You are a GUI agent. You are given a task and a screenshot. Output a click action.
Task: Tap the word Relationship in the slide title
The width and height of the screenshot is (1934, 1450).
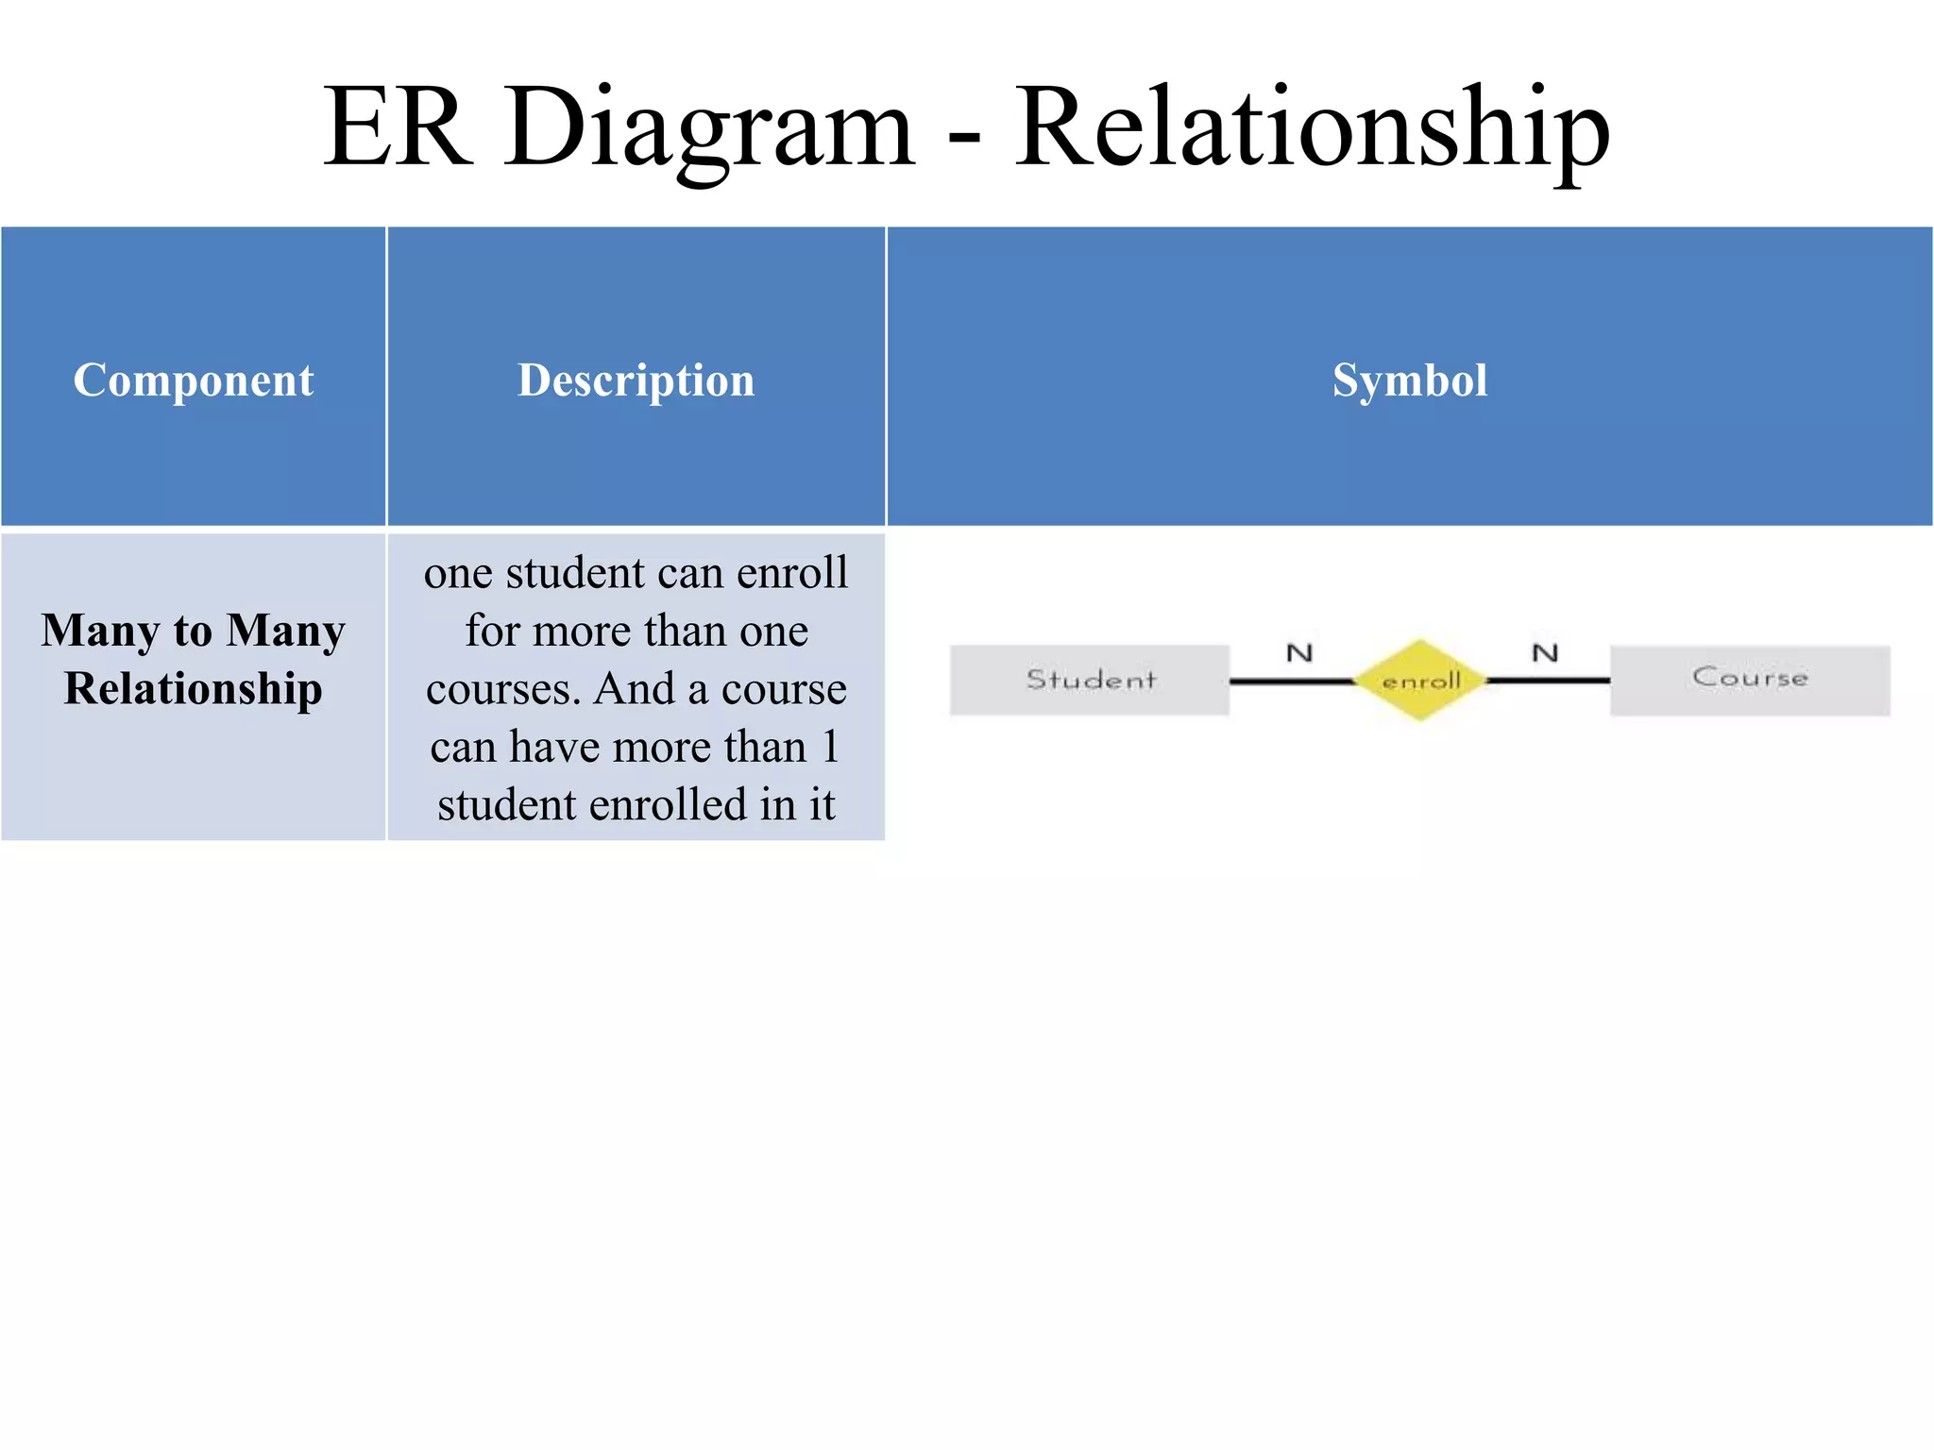1313,127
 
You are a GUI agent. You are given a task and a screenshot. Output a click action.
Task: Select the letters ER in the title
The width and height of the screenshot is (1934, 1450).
397,127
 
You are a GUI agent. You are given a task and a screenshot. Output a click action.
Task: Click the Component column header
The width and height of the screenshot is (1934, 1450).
194,379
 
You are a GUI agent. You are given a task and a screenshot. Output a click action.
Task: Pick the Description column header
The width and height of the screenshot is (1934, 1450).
636,379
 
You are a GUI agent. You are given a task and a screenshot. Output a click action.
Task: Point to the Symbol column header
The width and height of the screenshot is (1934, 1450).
1409,379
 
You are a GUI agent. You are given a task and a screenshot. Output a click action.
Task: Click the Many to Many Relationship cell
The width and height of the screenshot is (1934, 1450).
194,659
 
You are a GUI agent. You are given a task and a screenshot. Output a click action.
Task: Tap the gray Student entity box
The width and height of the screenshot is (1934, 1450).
1090,680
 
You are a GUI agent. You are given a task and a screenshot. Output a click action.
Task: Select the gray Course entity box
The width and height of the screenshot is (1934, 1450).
1750,680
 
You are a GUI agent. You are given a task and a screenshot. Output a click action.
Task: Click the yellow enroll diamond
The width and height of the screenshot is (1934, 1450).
1420,680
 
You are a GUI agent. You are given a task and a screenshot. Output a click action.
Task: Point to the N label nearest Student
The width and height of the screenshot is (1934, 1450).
1299,652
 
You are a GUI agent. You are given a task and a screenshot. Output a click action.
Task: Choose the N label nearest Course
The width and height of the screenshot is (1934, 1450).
1545,652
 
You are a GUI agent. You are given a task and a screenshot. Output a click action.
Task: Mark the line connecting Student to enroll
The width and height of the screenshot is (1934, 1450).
1291,681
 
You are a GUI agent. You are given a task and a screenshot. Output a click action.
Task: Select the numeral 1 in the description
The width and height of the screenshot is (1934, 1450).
830,747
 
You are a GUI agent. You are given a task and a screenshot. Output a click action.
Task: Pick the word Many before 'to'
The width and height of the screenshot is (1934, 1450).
100,631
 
